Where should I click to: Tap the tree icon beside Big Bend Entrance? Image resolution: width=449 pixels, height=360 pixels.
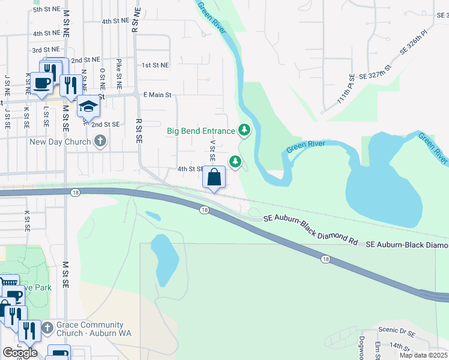click(244, 129)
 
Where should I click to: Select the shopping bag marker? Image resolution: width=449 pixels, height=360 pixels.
click(214, 178)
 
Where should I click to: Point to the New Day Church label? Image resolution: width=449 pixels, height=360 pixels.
click(61, 142)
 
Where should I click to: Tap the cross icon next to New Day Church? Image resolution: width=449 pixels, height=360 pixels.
click(100, 142)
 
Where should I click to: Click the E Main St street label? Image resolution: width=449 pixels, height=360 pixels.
click(157, 95)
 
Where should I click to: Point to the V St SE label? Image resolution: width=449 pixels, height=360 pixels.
click(212, 151)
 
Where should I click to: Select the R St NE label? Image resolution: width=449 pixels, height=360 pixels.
click(136, 19)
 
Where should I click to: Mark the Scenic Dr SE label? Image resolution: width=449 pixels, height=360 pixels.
click(397, 331)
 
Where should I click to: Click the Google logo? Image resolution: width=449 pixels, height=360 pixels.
click(20, 353)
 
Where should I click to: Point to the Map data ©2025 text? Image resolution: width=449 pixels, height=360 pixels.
click(423, 355)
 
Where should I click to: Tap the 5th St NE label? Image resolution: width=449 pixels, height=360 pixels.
click(46, 10)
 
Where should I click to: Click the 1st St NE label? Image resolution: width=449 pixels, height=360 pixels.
click(155, 65)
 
